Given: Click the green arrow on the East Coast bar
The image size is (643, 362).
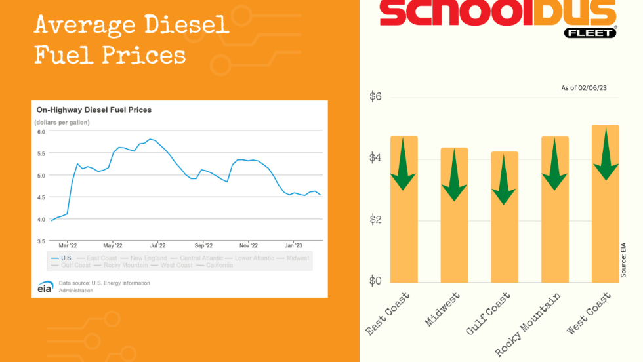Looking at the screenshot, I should tap(403, 163).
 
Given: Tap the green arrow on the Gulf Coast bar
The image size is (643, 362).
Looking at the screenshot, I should tap(503, 178).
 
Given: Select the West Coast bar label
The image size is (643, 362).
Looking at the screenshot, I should tap(589, 313).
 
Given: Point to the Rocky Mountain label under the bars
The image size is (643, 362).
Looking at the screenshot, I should tap(528, 324).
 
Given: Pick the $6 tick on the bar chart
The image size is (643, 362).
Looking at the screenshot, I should tap(376, 98).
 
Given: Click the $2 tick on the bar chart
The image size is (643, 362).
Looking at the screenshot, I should tap(376, 220).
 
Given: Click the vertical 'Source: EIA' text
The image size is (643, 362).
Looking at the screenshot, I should tap(623, 260).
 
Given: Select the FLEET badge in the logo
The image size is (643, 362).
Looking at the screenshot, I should tap(590, 32).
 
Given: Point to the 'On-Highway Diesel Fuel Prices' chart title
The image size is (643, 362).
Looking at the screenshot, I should tap(94, 110).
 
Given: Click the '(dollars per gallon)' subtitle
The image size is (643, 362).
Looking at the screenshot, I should tap(62, 123).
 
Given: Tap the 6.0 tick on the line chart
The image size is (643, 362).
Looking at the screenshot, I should tap(41, 132).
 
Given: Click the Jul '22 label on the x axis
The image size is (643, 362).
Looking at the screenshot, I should tap(157, 245).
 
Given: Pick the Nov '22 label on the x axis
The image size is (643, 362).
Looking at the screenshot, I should tap(248, 245).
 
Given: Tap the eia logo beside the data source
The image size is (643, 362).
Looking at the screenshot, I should tap(45, 287).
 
